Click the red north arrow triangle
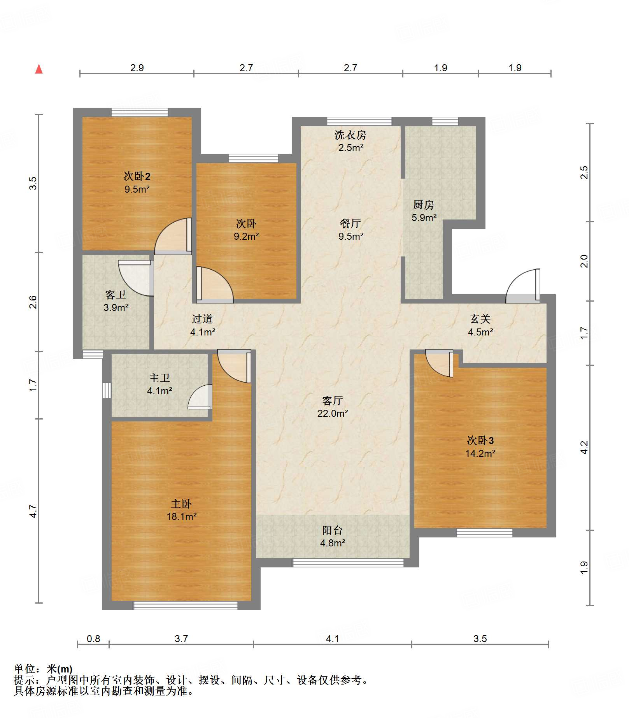click(39, 69)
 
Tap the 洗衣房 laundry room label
click(350, 135)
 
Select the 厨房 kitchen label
click(424, 205)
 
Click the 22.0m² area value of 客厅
click(333, 413)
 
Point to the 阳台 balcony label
click(333, 530)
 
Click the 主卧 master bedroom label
click(181, 504)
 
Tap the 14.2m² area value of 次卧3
click(480, 453)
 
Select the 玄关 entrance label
click(480, 319)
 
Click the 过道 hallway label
click(202, 319)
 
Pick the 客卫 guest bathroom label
click(116, 295)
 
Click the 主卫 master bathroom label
click(159, 378)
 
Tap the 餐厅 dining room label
click(350, 223)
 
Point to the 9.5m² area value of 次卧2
click(137, 189)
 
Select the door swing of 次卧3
click(439, 363)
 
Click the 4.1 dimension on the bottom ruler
click(333, 639)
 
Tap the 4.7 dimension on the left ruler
click(33, 511)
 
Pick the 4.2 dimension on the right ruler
click(584, 448)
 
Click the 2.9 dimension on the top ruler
click(137, 68)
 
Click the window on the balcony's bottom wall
click(348, 563)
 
